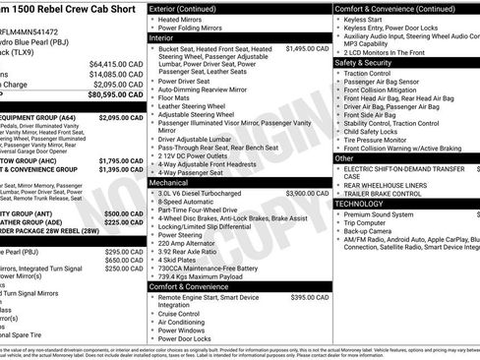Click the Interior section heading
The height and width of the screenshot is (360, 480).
coord(162,37)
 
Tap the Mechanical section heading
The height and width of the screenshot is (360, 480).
coord(168,182)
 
